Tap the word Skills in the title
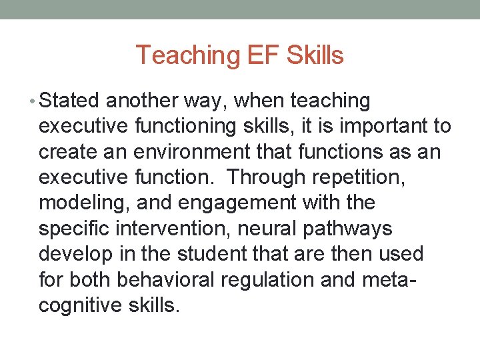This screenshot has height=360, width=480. [315, 55]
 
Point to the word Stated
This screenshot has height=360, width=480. [69, 101]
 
